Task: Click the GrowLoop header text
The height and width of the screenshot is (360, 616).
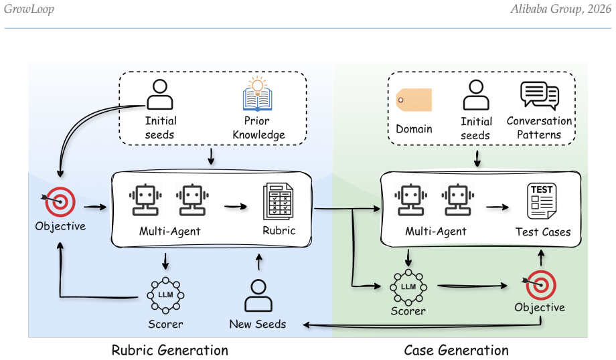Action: point(29,9)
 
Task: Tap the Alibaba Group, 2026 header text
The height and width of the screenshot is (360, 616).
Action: point(560,9)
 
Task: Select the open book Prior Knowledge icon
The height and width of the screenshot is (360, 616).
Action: point(257,94)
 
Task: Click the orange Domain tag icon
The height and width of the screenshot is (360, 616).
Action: point(414,100)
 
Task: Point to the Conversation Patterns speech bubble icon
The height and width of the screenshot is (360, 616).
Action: point(540,96)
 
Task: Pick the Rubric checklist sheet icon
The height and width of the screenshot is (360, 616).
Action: point(278,201)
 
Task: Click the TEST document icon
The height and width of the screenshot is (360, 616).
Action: point(542,201)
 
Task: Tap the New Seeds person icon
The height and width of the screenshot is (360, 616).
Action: point(258,296)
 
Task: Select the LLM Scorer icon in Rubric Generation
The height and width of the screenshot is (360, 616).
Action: point(165,295)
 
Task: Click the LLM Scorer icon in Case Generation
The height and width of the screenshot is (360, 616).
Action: point(408,287)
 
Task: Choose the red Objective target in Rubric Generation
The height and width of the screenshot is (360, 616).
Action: point(59,202)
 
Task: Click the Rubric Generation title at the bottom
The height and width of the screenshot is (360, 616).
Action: point(169,350)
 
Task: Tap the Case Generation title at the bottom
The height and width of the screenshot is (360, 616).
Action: point(456,350)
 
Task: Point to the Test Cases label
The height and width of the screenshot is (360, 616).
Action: point(543,232)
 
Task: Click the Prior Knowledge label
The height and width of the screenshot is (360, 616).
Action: point(258,128)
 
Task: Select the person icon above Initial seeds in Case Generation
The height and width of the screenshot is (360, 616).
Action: point(476,95)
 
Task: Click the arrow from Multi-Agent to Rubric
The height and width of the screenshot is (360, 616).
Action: point(236,207)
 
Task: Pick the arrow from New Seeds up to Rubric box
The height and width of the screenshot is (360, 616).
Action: point(259,262)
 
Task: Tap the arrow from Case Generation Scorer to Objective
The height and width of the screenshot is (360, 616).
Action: point(472,286)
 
